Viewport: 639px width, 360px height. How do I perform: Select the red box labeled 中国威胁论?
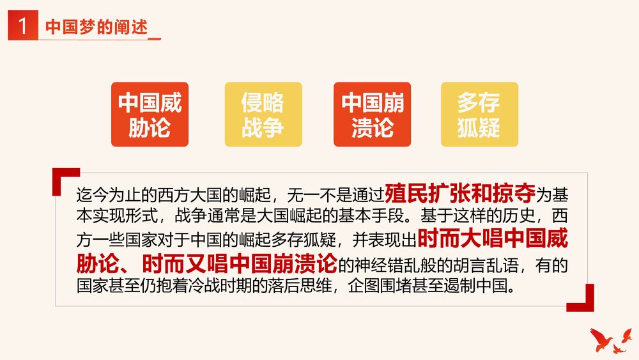coord(150,114)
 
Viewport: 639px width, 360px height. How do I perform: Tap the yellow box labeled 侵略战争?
coord(263,114)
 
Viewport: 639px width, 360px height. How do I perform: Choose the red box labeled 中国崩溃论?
coord(372,114)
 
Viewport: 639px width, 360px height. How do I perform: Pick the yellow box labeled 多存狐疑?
coord(479,114)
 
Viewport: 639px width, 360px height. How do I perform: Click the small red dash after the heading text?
coord(154,38)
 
